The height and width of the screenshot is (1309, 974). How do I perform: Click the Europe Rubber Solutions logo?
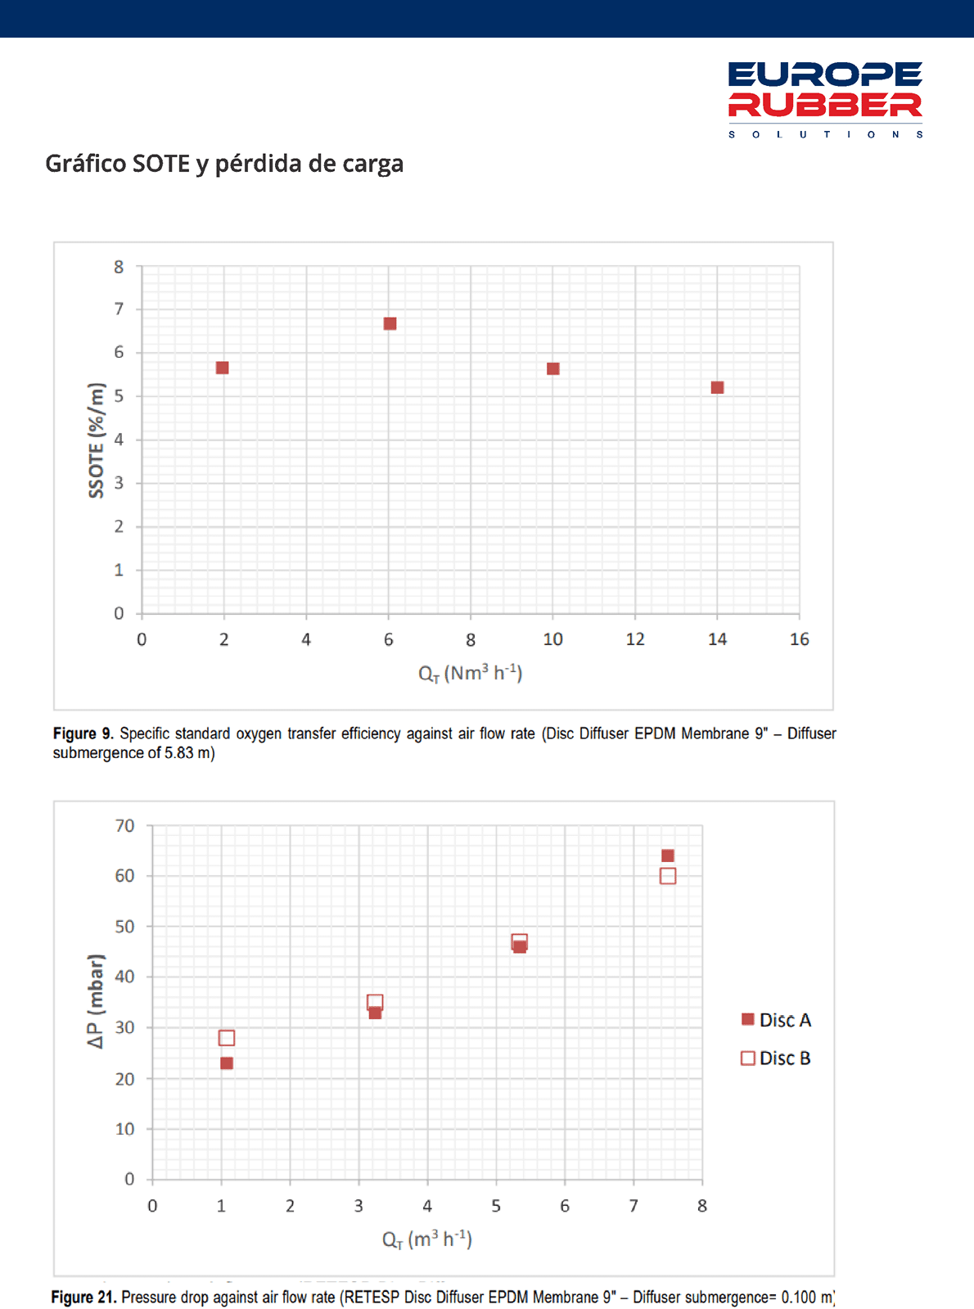825,99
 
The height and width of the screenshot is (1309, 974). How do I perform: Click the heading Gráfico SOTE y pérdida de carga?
224,164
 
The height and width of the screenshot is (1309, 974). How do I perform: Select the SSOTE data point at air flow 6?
390,324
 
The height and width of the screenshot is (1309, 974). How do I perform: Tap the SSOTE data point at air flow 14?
718,388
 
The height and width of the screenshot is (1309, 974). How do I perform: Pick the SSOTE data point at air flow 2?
223,368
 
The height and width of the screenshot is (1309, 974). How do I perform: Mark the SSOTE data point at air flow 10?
553,369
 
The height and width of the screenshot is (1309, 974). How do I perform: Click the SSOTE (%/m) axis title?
97,440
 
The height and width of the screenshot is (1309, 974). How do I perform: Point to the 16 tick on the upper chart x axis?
799,639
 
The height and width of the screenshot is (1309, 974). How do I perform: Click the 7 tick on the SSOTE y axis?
119,309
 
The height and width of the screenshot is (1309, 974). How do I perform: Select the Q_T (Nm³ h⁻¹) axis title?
470,673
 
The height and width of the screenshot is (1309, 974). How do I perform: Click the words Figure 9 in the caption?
83,733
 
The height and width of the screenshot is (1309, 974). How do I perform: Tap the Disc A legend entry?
776,1020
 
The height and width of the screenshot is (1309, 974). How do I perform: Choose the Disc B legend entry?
776,1058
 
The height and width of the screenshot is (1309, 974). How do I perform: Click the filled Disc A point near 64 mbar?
668,856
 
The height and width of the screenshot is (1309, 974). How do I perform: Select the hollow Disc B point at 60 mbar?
668,876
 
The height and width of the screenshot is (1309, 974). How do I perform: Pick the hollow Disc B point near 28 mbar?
227,1038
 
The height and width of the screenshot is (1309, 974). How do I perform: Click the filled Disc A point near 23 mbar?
227,1063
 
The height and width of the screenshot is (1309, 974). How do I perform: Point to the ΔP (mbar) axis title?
97,1001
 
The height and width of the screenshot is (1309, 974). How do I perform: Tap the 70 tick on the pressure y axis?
125,826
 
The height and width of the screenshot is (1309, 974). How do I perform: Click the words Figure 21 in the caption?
83,1298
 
